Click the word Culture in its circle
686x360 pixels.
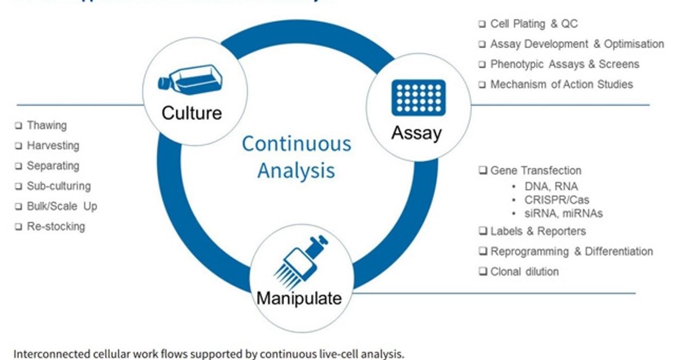pyautogui.click(x=191, y=113)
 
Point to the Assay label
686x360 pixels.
pyautogui.click(x=416, y=133)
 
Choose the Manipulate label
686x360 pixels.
pyautogui.click(x=298, y=298)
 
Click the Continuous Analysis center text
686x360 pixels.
pyautogui.click(x=296, y=157)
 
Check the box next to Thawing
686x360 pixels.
pyautogui.click(x=19, y=126)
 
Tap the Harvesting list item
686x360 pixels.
pyautogui.click(x=53, y=146)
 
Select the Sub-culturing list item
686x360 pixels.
pyautogui.click(x=58, y=186)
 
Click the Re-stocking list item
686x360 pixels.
pyautogui.click(x=55, y=226)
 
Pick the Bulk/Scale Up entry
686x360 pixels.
pyautogui.click(x=62, y=206)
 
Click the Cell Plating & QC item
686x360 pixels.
pyautogui.click(x=533, y=24)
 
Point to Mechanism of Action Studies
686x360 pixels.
pyautogui.click(x=561, y=85)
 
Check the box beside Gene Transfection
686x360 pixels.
pyautogui.click(x=483, y=171)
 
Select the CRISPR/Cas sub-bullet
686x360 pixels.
pyautogui.click(x=556, y=200)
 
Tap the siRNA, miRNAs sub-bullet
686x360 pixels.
pyautogui.click(x=563, y=214)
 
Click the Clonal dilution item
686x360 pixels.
pyautogui.click(x=524, y=272)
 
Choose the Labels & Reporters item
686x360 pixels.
pyautogui.click(x=537, y=231)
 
